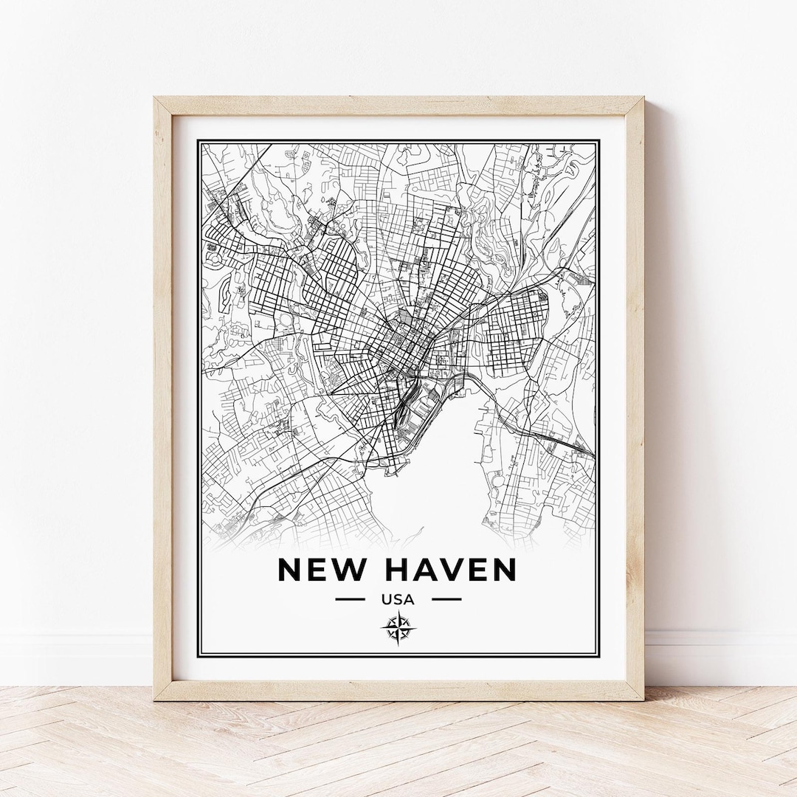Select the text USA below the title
click(398, 599)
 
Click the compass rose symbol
click(398, 629)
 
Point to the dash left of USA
click(350, 599)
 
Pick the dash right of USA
click(446, 599)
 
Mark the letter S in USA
click(398, 599)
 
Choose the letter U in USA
click(387, 599)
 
